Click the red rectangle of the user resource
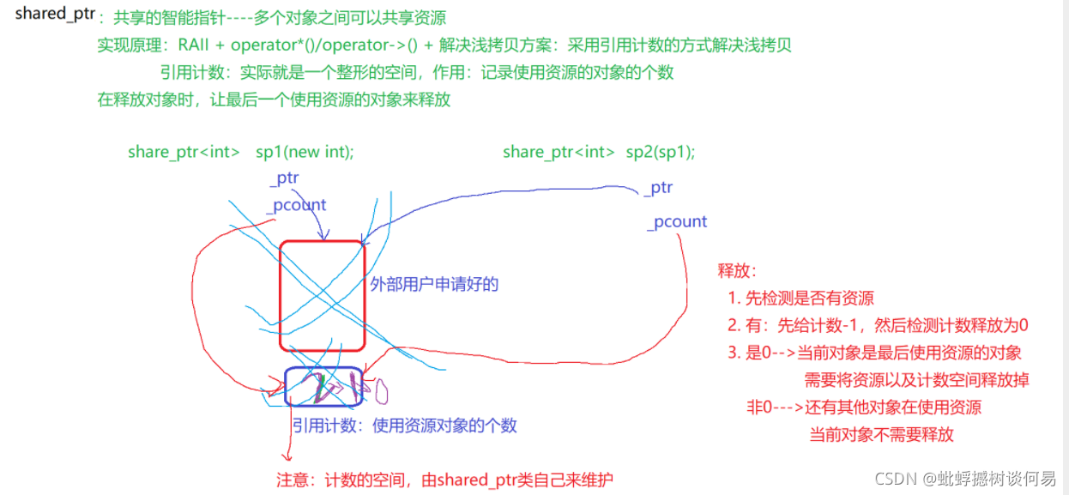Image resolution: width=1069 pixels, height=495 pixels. tap(322, 296)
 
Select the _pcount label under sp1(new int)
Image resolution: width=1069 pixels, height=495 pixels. tap(296, 206)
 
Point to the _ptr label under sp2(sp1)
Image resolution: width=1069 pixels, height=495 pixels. tap(659, 187)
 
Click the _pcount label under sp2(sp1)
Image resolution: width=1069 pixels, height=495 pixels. tap(677, 221)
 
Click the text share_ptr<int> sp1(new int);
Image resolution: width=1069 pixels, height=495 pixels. tap(240, 152)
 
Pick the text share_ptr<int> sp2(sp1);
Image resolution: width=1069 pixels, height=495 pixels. tap(599, 152)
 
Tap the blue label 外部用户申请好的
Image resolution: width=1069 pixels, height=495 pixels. tap(434, 285)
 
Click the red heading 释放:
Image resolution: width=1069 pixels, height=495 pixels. tap(737, 271)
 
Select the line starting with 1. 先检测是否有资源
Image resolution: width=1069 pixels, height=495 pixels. tap(800, 299)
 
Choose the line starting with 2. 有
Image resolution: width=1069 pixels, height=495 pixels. tap(877, 325)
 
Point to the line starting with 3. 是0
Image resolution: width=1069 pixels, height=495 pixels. tap(874, 353)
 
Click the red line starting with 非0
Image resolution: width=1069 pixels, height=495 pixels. tap(864, 407)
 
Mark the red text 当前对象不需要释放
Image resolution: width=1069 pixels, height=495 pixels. tap(881, 434)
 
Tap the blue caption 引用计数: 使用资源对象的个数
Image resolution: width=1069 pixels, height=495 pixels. tap(404, 426)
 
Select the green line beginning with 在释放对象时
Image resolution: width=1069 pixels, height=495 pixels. tap(274, 100)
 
